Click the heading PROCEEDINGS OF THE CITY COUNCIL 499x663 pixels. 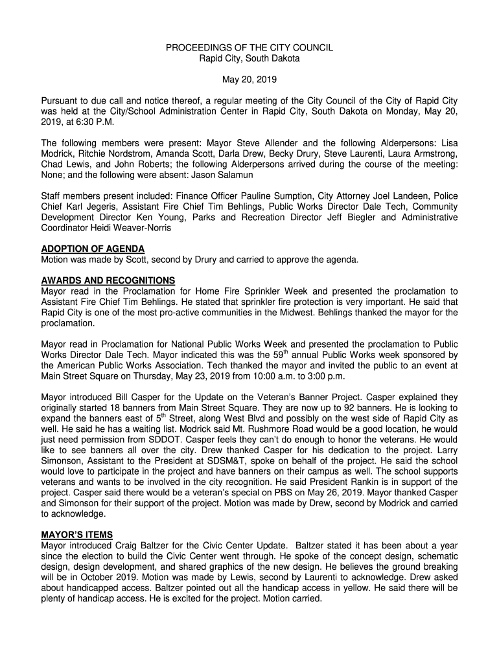coord(250,48)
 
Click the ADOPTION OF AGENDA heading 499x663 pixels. coord(93,249)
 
